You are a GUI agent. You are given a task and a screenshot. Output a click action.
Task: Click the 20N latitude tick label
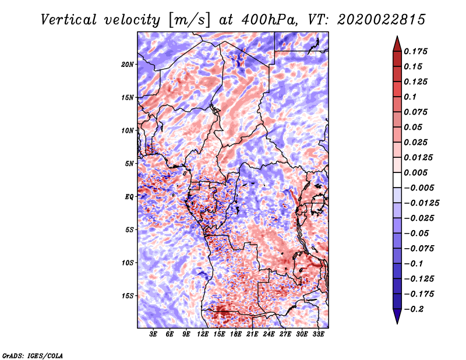click(x=128, y=65)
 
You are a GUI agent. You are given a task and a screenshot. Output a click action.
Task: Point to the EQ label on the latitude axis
click(x=129, y=197)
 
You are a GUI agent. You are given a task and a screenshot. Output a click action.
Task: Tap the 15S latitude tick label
click(x=128, y=296)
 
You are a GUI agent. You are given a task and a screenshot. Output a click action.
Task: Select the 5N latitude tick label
click(x=129, y=164)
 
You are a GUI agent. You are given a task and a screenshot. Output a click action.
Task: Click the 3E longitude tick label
click(x=153, y=334)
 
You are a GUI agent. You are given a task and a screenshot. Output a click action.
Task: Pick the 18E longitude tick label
click(x=236, y=334)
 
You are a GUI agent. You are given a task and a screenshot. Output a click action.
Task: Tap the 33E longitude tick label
click(x=318, y=334)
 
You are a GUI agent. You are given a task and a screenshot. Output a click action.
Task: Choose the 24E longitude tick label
click(x=269, y=334)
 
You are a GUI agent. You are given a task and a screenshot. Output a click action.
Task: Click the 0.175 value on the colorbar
click(x=415, y=51)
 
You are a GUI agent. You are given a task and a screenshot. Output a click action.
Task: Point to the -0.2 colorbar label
click(x=414, y=309)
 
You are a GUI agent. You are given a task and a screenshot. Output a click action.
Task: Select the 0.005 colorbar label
click(x=415, y=172)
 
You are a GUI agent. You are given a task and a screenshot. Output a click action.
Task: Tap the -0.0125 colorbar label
click(x=421, y=203)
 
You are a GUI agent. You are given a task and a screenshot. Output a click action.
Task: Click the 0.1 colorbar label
click(x=410, y=97)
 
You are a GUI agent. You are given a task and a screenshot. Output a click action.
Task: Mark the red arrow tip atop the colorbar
click(x=397, y=36)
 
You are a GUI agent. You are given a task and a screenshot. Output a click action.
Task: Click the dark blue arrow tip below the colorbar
click(x=397, y=323)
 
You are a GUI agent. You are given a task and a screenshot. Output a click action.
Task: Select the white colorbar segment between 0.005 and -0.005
click(x=397, y=180)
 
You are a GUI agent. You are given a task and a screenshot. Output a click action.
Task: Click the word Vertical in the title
click(x=69, y=20)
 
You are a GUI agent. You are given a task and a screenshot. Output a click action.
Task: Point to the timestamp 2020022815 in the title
click(x=382, y=20)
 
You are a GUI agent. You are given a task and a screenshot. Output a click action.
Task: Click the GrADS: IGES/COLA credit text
click(x=33, y=356)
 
